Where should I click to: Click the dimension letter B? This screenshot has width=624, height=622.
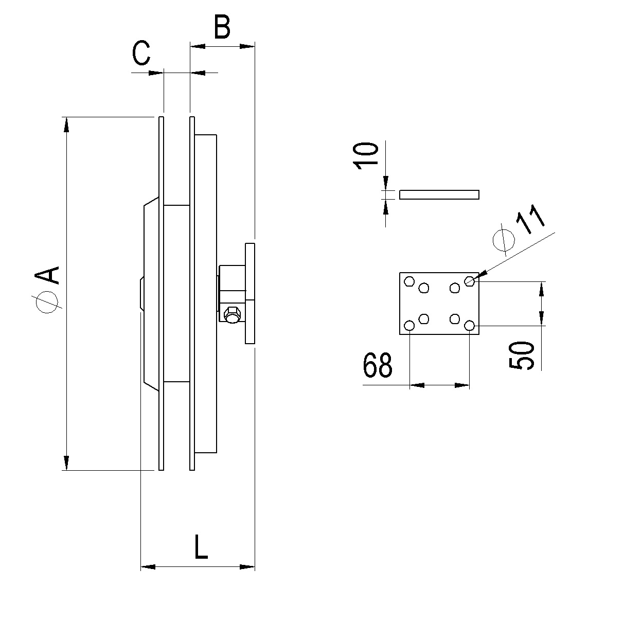coord(222,28)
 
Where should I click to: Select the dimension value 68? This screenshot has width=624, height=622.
coord(378,366)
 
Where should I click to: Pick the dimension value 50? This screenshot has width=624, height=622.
coord(523,355)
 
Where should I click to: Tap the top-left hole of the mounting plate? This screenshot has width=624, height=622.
coord(409,281)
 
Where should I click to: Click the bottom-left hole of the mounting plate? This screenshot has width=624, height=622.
coord(409,326)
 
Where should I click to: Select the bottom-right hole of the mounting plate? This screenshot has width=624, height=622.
coord(469,326)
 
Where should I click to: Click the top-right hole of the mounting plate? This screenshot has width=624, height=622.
coord(469,281)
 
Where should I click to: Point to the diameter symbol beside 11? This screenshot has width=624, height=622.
coord(504,239)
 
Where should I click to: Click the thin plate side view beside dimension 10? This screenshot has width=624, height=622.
coord(439,194)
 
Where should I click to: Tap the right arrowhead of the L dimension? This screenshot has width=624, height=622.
coord(248,567)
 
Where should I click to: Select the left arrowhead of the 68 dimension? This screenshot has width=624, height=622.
coord(417,385)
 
